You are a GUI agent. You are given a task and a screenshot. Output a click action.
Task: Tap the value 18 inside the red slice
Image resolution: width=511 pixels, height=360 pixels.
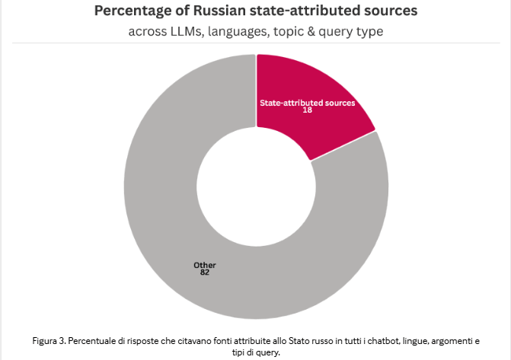tap(308, 110)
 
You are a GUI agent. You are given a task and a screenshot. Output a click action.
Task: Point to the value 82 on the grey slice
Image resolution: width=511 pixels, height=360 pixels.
tap(205, 272)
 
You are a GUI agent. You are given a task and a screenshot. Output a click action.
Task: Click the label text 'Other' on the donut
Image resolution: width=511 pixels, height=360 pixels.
tap(205, 265)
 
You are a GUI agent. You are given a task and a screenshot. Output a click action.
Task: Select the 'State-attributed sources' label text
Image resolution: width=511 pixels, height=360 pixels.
tap(308, 103)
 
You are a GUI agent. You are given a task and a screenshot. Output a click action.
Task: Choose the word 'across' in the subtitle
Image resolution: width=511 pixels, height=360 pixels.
tap(149, 32)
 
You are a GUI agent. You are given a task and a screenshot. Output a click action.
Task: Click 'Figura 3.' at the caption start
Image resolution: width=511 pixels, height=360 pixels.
tap(49, 342)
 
